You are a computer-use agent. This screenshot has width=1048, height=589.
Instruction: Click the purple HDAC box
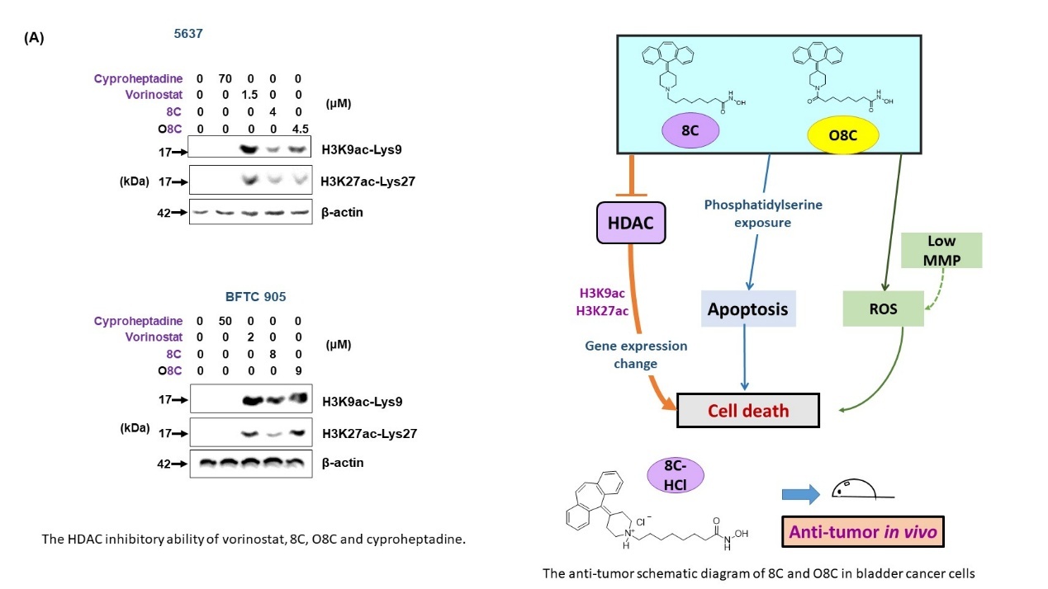(631, 223)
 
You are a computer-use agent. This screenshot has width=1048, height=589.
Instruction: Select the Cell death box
(747, 411)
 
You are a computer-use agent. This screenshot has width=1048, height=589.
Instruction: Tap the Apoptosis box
(747, 309)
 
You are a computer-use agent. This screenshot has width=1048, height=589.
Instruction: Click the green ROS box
(883, 309)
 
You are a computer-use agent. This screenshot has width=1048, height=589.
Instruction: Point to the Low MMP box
(941, 251)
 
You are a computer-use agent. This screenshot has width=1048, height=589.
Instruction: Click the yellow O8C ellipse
(842, 134)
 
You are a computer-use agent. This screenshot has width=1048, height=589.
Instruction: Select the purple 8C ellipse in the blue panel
(690, 130)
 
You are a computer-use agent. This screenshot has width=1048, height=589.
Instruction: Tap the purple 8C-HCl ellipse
(675, 475)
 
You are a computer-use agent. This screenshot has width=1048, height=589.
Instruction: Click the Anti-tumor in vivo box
(863, 531)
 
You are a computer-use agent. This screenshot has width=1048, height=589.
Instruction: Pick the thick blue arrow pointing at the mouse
(800, 494)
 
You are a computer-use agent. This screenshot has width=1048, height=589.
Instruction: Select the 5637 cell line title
(188, 34)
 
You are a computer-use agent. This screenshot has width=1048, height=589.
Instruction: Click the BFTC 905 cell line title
(255, 297)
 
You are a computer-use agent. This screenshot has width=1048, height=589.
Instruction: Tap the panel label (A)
(34, 38)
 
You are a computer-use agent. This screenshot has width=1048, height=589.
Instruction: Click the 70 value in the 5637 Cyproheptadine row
(225, 78)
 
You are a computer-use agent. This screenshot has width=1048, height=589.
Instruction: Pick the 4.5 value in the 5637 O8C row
(300, 129)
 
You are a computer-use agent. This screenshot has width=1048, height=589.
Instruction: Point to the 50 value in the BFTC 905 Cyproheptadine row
(225, 321)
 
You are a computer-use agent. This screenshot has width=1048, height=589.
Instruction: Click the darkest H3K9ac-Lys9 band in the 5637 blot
(249, 149)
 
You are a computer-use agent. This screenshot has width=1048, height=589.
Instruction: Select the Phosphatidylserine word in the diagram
(763, 205)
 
